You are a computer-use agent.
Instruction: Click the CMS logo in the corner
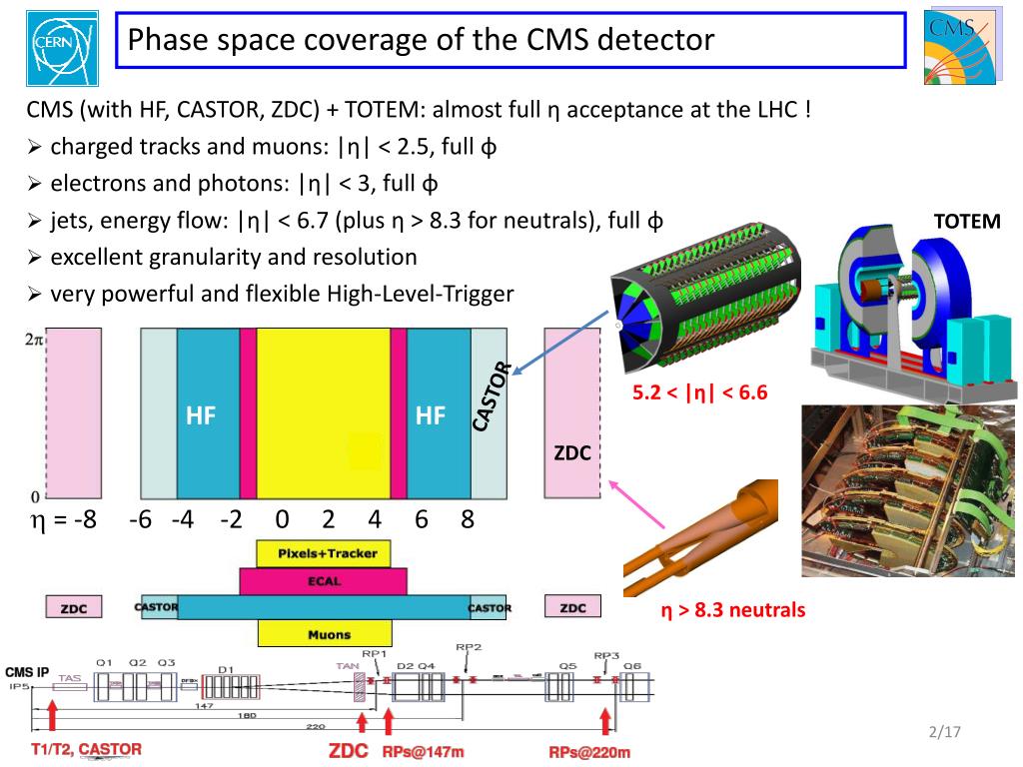[x=960, y=48]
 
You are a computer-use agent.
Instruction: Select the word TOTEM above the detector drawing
[x=966, y=221]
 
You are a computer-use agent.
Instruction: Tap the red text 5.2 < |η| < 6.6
[x=699, y=392]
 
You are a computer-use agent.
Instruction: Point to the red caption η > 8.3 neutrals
[x=732, y=609]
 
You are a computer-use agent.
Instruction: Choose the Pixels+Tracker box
[x=323, y=553]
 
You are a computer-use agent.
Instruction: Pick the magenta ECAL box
[x=323, y=581]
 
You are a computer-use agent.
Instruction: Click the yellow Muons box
[x=323, y=634]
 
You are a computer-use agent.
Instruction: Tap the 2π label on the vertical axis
[x=33, y=340]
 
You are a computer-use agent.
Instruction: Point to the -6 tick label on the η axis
[x=140, y=519]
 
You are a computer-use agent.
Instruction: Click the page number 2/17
[x=943, y=734]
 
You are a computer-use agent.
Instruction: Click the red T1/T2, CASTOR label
[x=86, y=749]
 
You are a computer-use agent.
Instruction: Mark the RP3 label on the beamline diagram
[x=606, y=656]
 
